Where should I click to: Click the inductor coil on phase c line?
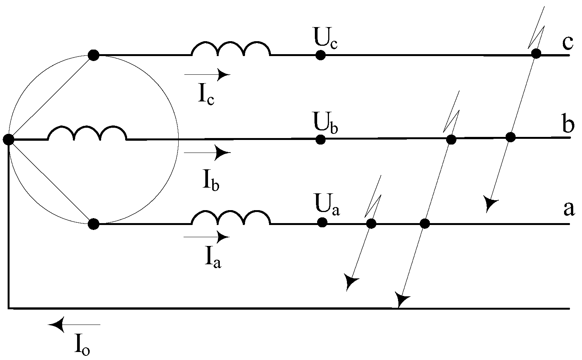231,48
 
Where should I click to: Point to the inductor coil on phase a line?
231,217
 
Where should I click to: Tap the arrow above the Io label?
74,325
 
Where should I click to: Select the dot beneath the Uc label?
321,55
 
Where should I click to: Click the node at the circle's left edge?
8,140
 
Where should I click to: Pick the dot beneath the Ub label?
321,140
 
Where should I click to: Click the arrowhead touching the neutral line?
401,300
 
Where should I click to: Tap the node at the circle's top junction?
94,55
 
